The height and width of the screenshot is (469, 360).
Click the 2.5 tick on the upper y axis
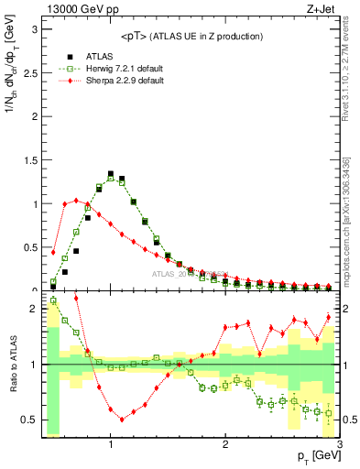pos(29,72)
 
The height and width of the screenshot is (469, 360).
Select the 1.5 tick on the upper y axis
pos(29,160)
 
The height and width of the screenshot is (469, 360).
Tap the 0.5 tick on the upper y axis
pos(29,247)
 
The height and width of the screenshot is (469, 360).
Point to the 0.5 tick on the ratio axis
pos(29,420)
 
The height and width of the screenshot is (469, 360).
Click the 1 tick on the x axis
pos(111,445)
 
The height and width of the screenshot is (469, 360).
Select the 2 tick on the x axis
pos(225,445)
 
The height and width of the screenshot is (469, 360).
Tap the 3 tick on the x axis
pos(340,445)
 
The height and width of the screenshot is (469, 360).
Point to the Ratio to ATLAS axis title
pos(12,365)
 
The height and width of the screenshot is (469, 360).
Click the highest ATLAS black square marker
pos(111,173)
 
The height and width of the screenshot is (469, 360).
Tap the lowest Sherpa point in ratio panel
pos(122,420)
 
